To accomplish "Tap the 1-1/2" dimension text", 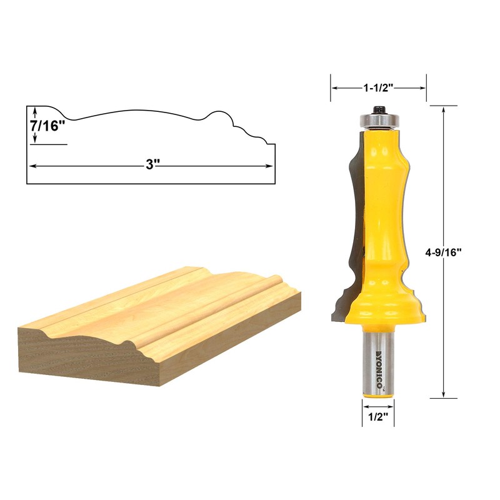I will tap(378, 88).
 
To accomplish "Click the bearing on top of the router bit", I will tap(378, 117).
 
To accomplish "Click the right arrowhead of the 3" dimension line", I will tap(271, 166).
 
